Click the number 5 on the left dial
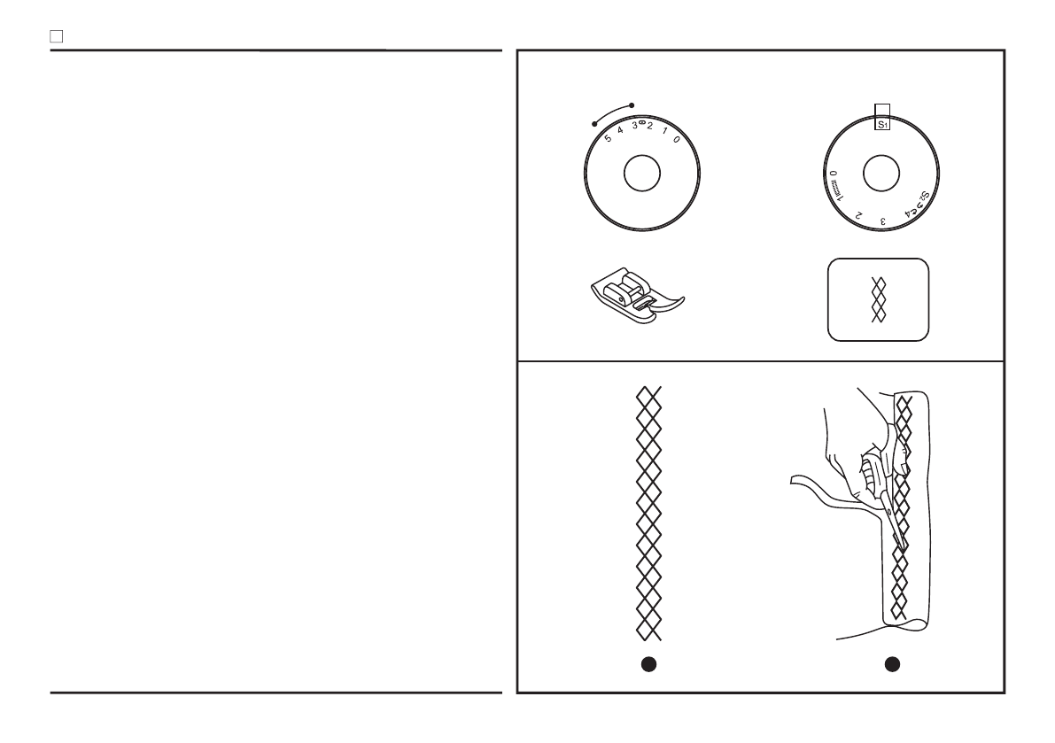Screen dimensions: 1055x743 (608, 138)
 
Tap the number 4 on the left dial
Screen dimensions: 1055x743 (621, 131)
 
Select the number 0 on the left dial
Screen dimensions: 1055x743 (677, 140)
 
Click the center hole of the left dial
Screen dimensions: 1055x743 (641, 174)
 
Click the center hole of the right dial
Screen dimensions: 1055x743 (880, 174)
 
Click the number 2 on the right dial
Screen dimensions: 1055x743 (858, 214)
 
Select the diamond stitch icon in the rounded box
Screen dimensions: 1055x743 (879, 299)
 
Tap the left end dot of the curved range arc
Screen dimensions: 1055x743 (594, 123)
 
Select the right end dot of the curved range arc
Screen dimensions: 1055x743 (632, 105)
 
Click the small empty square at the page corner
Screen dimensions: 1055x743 (55, 37)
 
